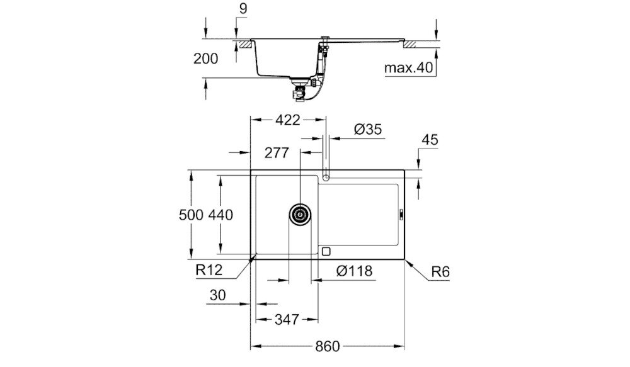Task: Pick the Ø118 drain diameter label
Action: coord(355,271)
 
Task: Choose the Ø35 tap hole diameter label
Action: coord(367,129)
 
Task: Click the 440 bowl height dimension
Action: coord(221,215)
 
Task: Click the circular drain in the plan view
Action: coord(299,214)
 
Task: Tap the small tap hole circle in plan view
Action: coord(326,178)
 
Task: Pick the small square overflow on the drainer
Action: coord(325,251)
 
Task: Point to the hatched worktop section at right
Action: coord(413,44)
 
